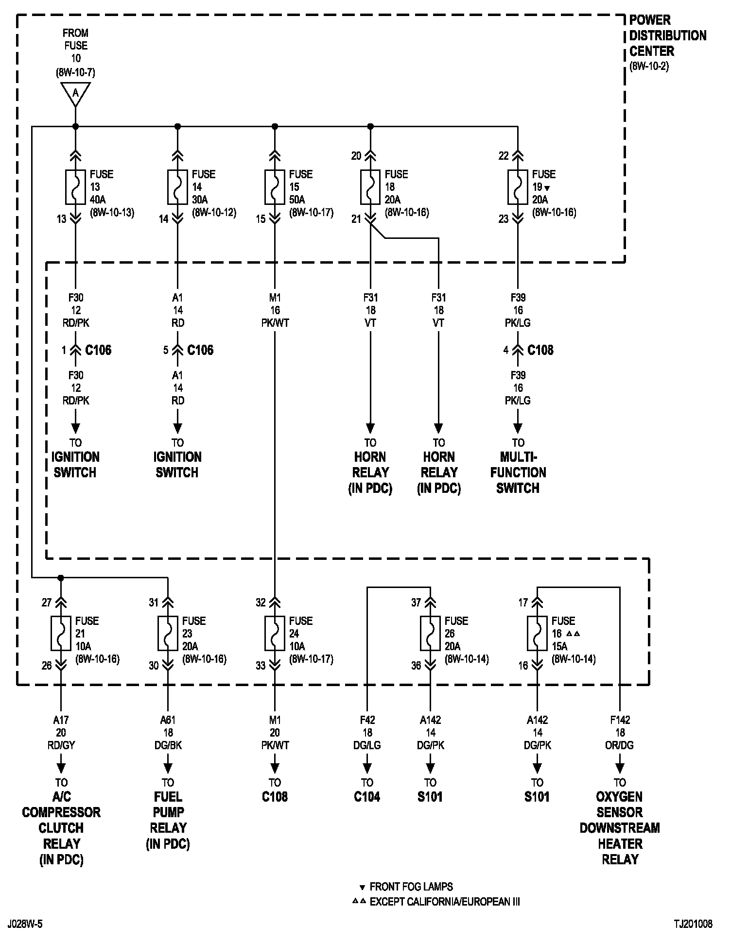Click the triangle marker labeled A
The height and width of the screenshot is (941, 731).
[x=75, y=93]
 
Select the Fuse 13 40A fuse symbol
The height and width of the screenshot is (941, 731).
[x=75, y=187]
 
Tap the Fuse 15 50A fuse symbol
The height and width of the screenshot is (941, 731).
[x=275, y=187]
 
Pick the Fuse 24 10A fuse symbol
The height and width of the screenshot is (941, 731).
[x=275, y=634]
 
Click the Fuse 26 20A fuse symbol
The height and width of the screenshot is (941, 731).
[x=430, y=634]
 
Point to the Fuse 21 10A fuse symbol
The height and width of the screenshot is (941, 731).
[x=61, y=634]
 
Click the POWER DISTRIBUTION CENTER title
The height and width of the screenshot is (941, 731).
[x=667, y=36]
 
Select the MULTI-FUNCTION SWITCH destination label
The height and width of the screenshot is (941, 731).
[x=518, y=472]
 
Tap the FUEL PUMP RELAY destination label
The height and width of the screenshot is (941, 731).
[x=168, y=820]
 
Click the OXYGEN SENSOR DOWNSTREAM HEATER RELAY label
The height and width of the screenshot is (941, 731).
[x=620, y=828]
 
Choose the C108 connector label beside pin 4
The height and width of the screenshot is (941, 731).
[x=540, y=350]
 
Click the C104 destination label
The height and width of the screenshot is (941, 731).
[x=367, y=797]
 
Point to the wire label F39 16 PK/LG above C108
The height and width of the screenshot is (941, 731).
[x=518, y=310]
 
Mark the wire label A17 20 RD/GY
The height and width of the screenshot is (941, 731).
[x=61, y=733]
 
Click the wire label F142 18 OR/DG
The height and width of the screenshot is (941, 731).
[x=620, y=733]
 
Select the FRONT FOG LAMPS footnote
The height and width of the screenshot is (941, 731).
[x=411, y=887]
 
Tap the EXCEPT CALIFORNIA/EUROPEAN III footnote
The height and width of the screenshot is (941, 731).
[x=444, y=902]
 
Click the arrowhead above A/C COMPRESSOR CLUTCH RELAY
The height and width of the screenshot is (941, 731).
[x=61, y=768]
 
